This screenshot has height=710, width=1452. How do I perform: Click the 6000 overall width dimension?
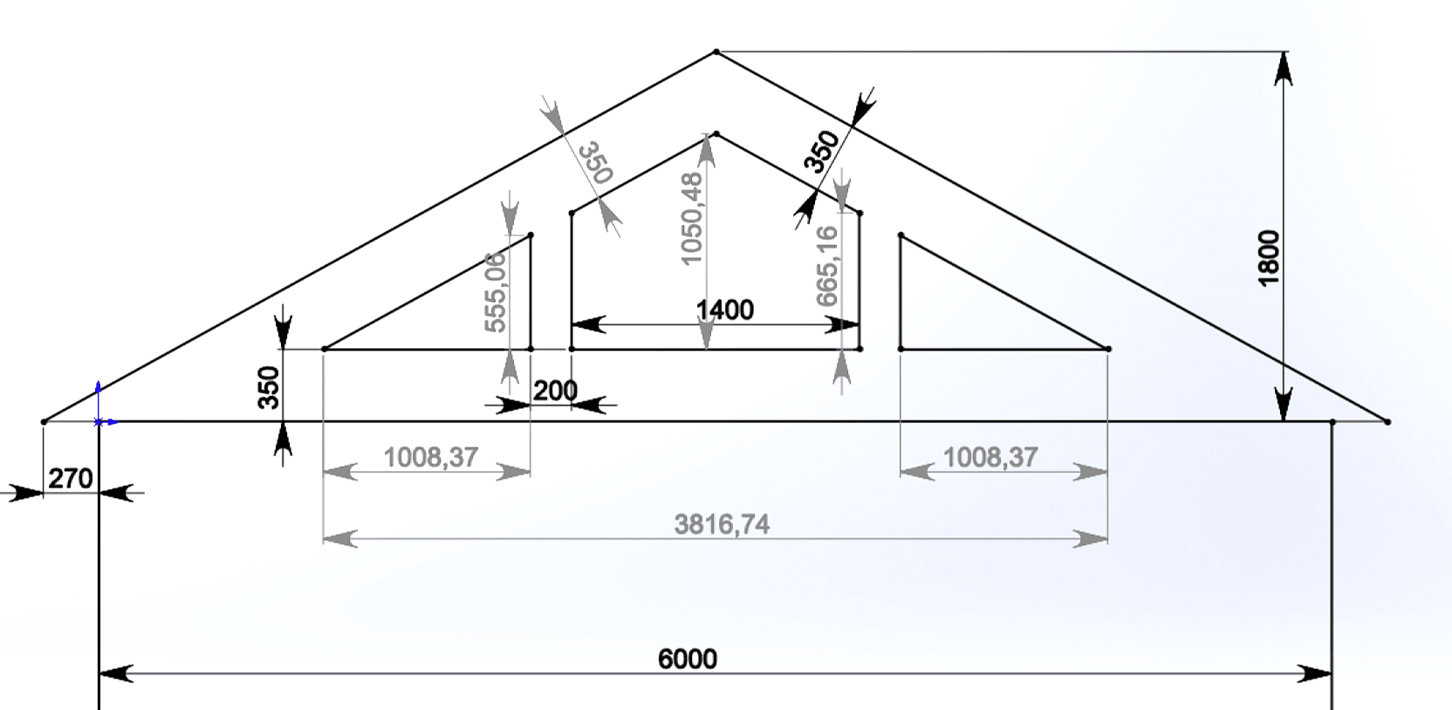(687, 659)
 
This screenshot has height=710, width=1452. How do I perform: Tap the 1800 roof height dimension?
(1269, 256)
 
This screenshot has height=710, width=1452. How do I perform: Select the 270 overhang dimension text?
(70, 479)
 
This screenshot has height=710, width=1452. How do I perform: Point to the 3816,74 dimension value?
(722, 524)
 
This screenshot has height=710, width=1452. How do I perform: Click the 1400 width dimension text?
(724, 310)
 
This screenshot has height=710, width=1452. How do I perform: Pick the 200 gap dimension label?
(555, 391)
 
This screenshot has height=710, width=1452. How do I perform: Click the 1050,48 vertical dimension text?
(691, 219)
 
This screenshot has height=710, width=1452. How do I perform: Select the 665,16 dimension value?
(826, 266)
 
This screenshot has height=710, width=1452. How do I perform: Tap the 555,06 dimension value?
(495, 292)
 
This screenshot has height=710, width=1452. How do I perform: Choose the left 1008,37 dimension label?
(430, 457)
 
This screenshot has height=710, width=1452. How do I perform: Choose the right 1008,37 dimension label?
(990, 457)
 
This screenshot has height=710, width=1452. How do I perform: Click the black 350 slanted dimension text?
(821, 152)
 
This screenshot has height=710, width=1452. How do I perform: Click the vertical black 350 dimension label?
(269, 387)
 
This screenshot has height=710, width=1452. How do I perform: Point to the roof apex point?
(716, 52)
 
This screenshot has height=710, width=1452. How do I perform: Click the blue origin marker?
(99, 421)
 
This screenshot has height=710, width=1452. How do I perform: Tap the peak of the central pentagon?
(716, 133)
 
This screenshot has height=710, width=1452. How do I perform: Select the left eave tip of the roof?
(44, 422)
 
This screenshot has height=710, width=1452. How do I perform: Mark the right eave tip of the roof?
(1387, 422)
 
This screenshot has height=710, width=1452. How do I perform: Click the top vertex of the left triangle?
(531, 235)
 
